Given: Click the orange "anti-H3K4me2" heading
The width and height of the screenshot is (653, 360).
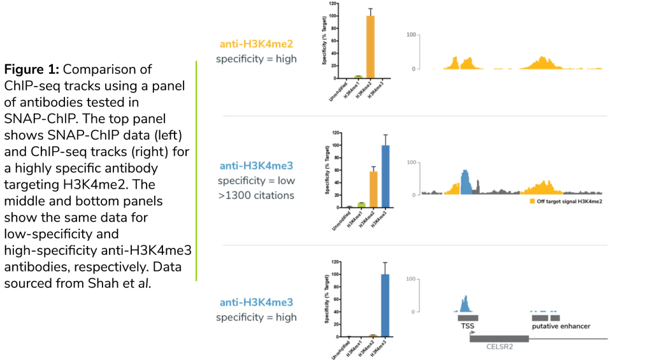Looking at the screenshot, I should pos(256,44).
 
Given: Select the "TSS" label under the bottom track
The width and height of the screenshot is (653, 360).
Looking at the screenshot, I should pos(468,326).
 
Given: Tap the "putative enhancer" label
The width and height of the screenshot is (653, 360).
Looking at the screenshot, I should pos(561,326).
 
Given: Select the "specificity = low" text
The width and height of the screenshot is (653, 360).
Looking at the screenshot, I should pos(256,181).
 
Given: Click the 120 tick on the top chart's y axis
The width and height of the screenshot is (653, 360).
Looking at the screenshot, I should pos(333,4).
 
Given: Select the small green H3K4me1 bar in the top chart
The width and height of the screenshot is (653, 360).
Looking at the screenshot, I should pos(359,76).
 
